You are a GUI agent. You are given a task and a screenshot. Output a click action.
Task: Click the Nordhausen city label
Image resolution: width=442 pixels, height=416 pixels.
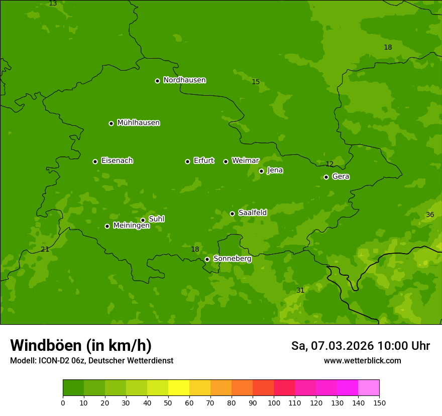(x=184, y=80)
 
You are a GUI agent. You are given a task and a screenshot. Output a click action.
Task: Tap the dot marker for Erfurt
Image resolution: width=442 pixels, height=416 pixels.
(x=187, y=161)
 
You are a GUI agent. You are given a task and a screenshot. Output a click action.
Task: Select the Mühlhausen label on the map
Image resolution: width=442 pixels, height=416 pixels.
(x=138, y=123)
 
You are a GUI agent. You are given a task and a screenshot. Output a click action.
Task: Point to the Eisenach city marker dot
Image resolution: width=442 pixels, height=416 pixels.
(x=95, y=161)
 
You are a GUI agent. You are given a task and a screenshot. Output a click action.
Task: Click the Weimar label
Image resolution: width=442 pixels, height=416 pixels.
(x=245, y=161)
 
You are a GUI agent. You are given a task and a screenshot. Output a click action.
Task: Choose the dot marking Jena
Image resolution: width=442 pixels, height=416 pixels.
(x=261, y=171)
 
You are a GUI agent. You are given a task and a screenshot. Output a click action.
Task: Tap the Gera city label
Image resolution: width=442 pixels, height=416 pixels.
(x=341, y=176)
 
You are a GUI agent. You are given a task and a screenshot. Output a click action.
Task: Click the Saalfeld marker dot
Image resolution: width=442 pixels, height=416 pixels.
(x=232, y=214)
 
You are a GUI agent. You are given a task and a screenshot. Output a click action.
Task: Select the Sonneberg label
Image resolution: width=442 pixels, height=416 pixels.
(x=232, y=259)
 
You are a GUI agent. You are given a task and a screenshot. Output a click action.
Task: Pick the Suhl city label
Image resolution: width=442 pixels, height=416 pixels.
(x=156, y=219)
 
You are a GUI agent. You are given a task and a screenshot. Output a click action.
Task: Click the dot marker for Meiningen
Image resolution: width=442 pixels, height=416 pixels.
(x=107, y=226)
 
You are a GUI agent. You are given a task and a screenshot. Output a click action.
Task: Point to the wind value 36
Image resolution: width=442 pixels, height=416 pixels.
(x=430, y=215)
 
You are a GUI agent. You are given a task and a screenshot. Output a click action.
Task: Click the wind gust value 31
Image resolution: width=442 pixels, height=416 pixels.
(x=300, y=290)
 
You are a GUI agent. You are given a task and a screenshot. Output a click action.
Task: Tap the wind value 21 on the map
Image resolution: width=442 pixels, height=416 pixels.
(x=45, y=249)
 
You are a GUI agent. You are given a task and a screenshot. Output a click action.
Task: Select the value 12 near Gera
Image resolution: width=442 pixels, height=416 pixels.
(x=329, y=164)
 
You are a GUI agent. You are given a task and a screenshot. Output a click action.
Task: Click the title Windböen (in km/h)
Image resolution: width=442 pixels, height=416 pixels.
(x=81, y=345)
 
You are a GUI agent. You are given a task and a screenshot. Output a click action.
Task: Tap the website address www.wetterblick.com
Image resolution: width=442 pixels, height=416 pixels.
(x=362, y=360)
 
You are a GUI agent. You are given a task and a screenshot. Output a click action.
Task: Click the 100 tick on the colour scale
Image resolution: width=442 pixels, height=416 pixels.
(x=274, y=402)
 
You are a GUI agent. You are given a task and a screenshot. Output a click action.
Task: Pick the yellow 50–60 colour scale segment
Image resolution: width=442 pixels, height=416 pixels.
(x=179, y=388)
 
